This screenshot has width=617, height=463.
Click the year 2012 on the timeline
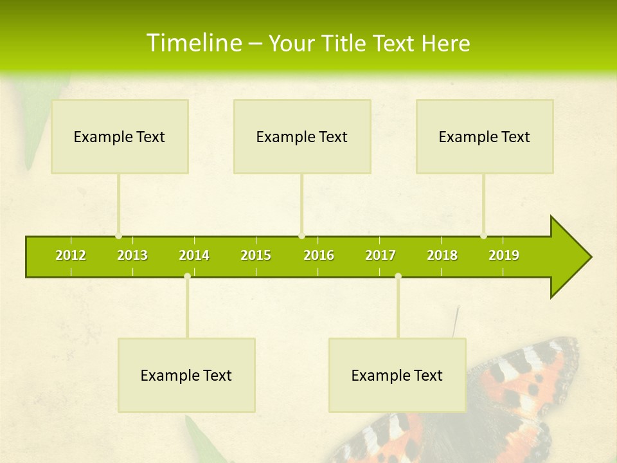tap(71, 255)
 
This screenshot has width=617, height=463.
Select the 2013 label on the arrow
tap(132, 255)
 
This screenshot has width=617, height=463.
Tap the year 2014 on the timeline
tap(194, 255)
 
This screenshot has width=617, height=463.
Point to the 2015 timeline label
tap(256, 255)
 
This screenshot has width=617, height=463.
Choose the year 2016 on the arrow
tap(319, 255)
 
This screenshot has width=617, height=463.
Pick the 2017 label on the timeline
tap(380, 255)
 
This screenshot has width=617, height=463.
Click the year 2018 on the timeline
tap(442, 255)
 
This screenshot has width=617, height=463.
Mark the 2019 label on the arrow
tap(504, 255)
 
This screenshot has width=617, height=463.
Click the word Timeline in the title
tap(193, 43)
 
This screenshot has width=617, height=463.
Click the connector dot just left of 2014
tap(187, 277)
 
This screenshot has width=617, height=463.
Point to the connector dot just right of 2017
tap(398, 277)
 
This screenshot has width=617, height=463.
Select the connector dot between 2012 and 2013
tap(118, 236)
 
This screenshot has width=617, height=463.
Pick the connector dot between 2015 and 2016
tap(301, 236)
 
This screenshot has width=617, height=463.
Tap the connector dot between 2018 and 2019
tap(483, 236)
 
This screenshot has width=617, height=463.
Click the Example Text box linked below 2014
tap(186, 375)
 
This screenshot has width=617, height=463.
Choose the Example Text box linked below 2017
tap(397, 375)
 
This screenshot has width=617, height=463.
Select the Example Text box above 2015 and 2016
tap(302, 136)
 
